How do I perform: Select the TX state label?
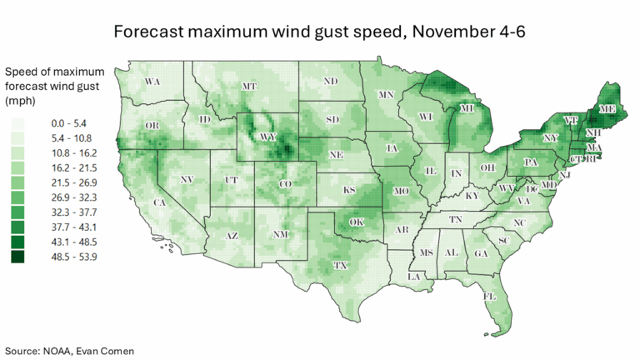pos(341,265)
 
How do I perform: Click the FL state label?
pos(490,297)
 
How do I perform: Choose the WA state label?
pos(152,82)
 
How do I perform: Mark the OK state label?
pos(357,222)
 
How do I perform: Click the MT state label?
pos(248,86)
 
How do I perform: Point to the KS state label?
pos(349,191)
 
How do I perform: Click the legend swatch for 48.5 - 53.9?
pos(17,257)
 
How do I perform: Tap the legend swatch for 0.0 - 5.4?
pos(17,122)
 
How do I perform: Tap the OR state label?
pos(152,126)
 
